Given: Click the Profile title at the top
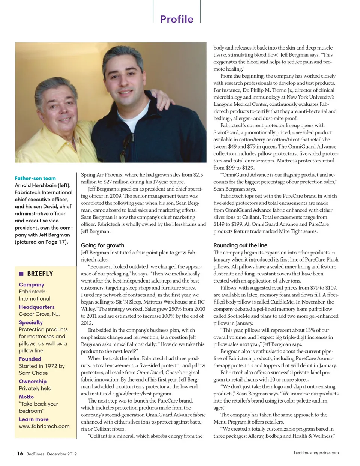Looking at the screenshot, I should pyautogui.click(x=177, y=19).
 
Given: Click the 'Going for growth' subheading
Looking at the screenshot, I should pyautogui.click(x=102, y=245).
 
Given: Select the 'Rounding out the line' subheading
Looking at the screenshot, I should pyautogui.click(x=240, y=245).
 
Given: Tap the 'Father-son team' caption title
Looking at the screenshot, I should pyautogui.click(x=35, y=178).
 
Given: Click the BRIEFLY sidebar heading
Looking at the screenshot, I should pyautogui.click(x=40, y=274).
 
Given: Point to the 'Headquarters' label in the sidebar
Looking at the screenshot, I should pyautogui.click(x=37, y=307).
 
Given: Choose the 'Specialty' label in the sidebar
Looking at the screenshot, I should pyautogui.click(x=31, y=322).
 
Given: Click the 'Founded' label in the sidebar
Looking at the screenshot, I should pyautogui.click(x=30, y=359).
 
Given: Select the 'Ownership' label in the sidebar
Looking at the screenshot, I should pyautogui.click(x=33, y=381).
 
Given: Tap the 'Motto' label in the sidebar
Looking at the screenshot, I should pyautogui.click(x=26, y=397).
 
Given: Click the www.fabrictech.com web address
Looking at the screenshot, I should pyautogui.click(x=44, y=426).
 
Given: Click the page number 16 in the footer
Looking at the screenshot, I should pyautogui.click(x=20, y=454).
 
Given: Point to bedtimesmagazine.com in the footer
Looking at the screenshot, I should pyautogui.click(x=316, y=453).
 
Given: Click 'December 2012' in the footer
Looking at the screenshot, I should pyautogui.click(x=62, y=454).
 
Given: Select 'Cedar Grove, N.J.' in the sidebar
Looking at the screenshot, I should pyautogui.click(x=39, y=314).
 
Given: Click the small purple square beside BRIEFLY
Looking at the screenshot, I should pyautogui.click(x=21, y=274).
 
